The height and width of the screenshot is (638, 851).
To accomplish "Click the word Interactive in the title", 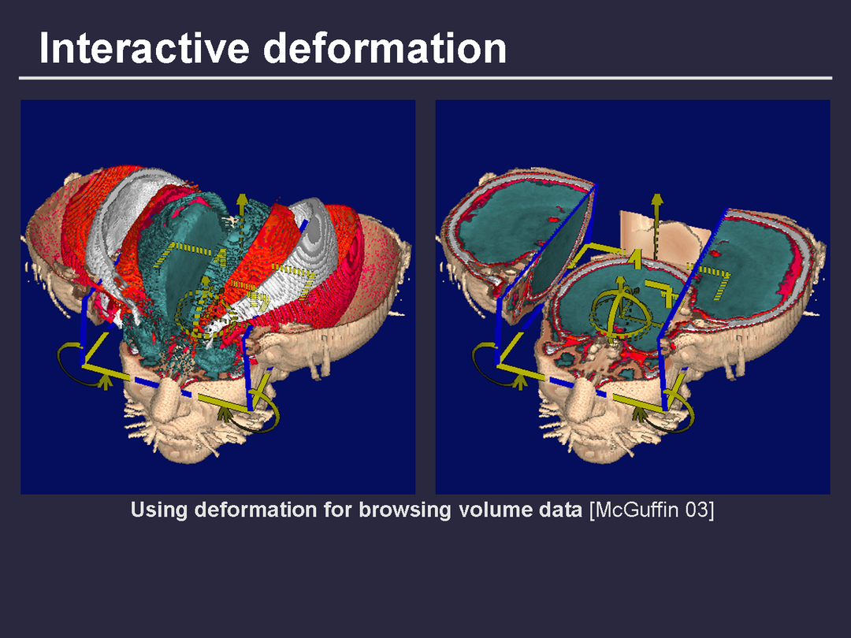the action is click(144, 48).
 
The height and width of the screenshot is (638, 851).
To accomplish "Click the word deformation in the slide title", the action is click(385, 48).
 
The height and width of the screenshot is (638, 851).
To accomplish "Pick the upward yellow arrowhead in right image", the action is click(656, 199).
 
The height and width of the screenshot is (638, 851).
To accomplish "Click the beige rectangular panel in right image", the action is click(665, 237).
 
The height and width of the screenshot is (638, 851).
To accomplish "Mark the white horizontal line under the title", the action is click(425, 78).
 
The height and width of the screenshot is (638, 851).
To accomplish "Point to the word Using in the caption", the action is click(158, 510).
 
